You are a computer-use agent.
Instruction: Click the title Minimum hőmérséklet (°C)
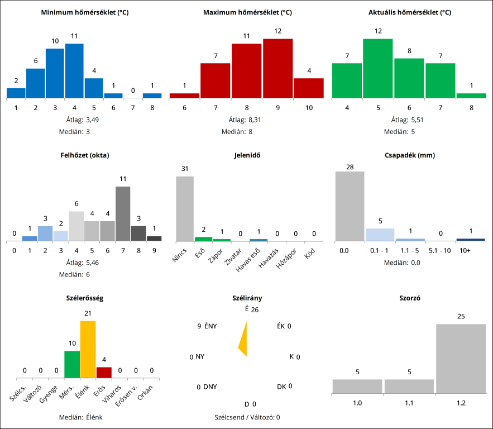[x=85, y=12]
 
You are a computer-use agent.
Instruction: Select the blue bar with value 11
[x=74, y=70]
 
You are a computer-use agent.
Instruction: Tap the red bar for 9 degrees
[x=277, y=68]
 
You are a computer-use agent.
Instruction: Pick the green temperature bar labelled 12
[x=378, y=68]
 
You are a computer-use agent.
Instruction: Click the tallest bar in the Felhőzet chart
[x=123, y=213]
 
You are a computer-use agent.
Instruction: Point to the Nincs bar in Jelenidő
[x=185, y=208]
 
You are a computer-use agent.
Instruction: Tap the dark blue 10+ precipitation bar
[x=471, y=240]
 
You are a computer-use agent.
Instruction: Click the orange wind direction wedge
[x=243, y=339]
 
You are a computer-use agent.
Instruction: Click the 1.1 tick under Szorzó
[x=409, y=403]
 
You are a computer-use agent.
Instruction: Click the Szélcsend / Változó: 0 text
[x=247, y=417]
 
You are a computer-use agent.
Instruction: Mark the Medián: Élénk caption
[x=85, y=417]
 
